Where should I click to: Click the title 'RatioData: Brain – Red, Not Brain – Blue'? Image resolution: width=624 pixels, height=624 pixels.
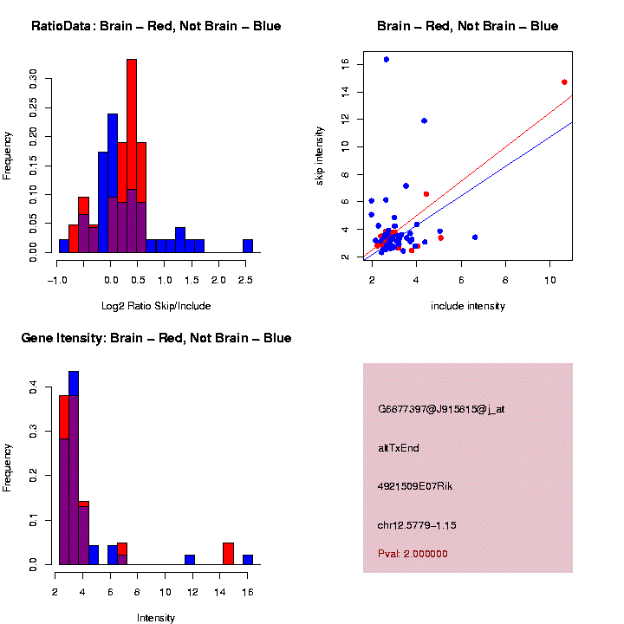click(156, 27)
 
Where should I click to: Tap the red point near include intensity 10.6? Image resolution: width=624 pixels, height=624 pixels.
click(564, 82)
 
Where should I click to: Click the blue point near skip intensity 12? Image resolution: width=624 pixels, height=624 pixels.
click(424, 120)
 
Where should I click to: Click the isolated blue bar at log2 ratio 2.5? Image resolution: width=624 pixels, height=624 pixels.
click(248, 247)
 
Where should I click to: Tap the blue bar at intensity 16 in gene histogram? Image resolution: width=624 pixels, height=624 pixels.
click(248, 560)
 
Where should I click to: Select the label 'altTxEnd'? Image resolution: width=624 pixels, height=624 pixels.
click(399, 448)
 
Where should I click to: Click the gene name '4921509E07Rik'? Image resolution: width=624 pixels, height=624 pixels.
click(415, 486)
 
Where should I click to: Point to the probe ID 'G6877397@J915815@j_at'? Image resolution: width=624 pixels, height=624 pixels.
click(441, 409)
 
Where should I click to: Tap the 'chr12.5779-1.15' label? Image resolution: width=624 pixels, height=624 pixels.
click(418, 525)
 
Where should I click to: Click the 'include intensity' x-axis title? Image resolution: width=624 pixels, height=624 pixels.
click(468, 306)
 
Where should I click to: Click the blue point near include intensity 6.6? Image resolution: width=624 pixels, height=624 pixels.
click(475, 237)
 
